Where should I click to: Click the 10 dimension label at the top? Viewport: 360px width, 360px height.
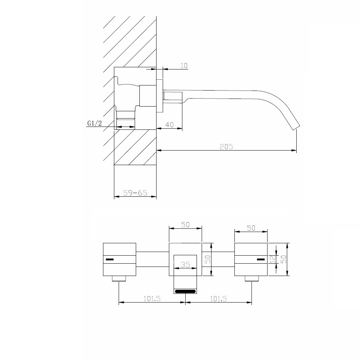point(184,65)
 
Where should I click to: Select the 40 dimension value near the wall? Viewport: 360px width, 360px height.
point(169,125)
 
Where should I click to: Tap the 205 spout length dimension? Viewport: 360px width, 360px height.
point(226,147)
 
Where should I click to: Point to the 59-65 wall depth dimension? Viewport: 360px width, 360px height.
point(135,193)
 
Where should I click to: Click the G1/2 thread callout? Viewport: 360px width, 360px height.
point(94,124)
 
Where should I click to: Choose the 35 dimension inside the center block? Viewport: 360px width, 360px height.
point(185,265)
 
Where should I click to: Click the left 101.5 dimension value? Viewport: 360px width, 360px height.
point(152,299)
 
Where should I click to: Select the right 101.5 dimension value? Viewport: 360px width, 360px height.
point(218,299)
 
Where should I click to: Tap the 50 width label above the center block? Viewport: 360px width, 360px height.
point(185,225)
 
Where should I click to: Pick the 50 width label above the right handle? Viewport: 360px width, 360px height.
point(251,228)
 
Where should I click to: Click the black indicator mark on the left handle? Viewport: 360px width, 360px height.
point(109,259)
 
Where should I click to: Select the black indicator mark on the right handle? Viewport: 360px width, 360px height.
point(260,259)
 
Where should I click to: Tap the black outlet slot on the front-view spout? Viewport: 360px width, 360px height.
point(185,291)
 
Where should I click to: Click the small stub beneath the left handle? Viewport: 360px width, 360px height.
point(119,279)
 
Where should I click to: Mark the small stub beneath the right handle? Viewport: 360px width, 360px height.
point(252,279)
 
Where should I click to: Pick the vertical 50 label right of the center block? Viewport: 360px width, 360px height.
point(207,259)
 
